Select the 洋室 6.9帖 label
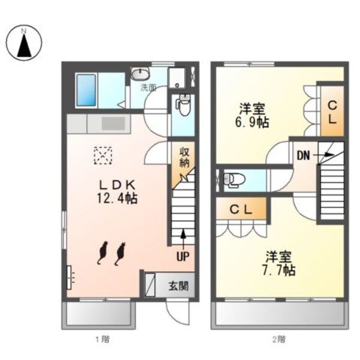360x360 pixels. pyautogui.click(x=253, y=115)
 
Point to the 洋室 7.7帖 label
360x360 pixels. pyautogui.click(x=279, y=263)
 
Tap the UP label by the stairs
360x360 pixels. pyautogui.click(x=180, y=256)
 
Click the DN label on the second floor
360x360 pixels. pyautogui.click(x=303, y=156)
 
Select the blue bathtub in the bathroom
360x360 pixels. pyautogui.click(x=88, y=90)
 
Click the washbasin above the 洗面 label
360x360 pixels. pyautogui.click(x=142, y=75)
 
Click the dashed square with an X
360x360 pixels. pyautogui.click(x=103, y=155)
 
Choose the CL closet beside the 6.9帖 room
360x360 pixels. pyautogui.click(x=331, y=111)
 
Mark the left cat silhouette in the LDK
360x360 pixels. pyautogui.click(x=102, y=253)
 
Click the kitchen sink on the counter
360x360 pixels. pyautogui.click(x=112, y=123)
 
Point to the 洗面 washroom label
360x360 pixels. pyautogui.click(x=148, y=88)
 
